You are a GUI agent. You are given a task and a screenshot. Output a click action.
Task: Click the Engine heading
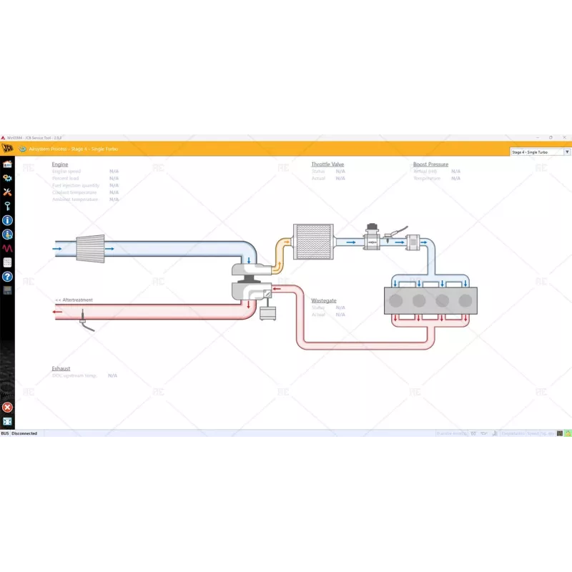pyautogui.click(x=60, y=164)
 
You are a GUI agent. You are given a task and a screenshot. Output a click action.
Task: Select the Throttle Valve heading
pyautogui.click(x=327, y=164)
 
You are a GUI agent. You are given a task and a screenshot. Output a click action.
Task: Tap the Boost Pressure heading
pyautogui.click(x=430, y=164)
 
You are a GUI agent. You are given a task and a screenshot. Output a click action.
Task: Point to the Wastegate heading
pyautogui.click(x=323, y=300)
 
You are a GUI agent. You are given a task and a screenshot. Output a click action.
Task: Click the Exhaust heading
pyautogui.click(x=61, y=368)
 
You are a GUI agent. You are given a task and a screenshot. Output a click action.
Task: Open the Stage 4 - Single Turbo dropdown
pyautogui.click(x=541, y=152)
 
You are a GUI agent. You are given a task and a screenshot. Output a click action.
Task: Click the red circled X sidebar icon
pyautogui.click(x=7, y=408)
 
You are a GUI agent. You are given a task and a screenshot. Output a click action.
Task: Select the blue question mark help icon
pyautogui.click(x=7, y=276)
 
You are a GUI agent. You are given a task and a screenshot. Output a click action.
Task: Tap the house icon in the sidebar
pyautogui.click(x=7, y=164)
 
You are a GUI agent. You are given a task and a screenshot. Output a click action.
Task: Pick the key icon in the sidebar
pyautogui.click(x=7, y=206)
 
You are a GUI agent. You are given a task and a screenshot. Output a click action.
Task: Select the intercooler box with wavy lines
pyautogui.click(x=313, y=242)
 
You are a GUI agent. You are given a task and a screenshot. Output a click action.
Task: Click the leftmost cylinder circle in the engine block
pyautogui.click(x=396, y=301)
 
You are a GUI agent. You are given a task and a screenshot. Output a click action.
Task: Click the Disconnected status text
pyautogui.click(x=24, y=433)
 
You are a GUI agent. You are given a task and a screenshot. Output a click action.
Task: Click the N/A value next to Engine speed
pyautogui.click(x=114, y=172)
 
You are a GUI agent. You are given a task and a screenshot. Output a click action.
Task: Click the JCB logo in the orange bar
pyautogui.click(x=7, y=149)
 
